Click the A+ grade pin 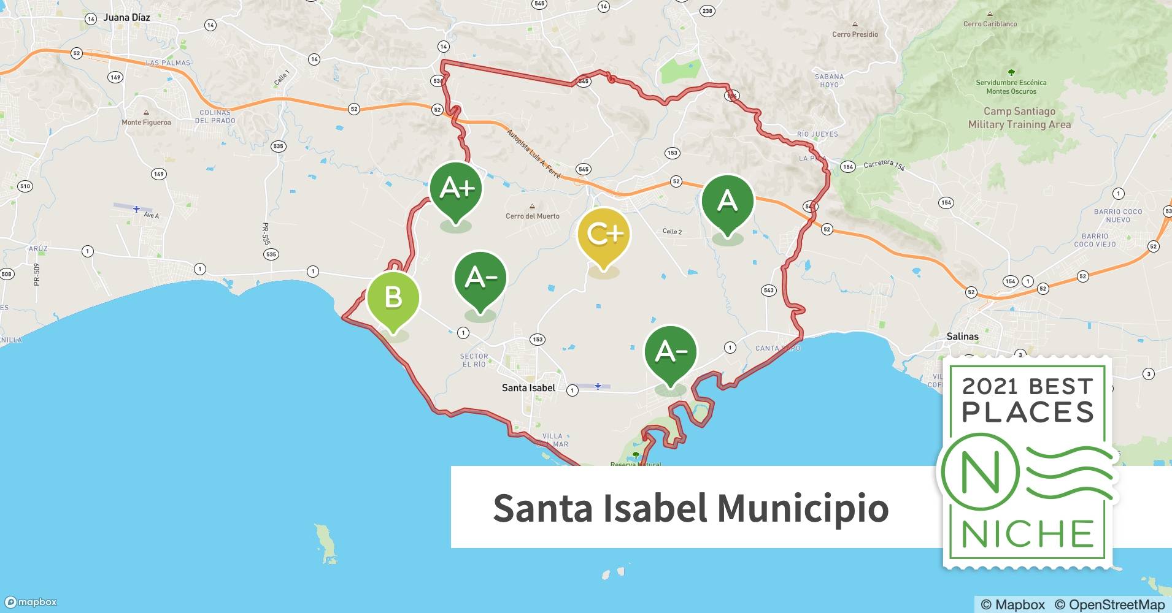tap(456, 189)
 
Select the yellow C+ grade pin tap(604, 234)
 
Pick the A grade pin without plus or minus tap(727, 201)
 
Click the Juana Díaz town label tap(126, 17)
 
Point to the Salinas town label tap(962, 336)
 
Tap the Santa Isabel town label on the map tap(528, 387)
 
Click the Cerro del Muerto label tap(533, 216)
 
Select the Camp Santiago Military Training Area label tap(1019, 118)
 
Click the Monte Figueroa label tap(146, 122)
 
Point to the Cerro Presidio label tap(855, 34)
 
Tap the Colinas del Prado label tap(215, 116)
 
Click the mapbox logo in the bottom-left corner tap(31, 602)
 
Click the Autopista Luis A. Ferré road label tap(533, 153)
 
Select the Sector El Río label tap(474, 360)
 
